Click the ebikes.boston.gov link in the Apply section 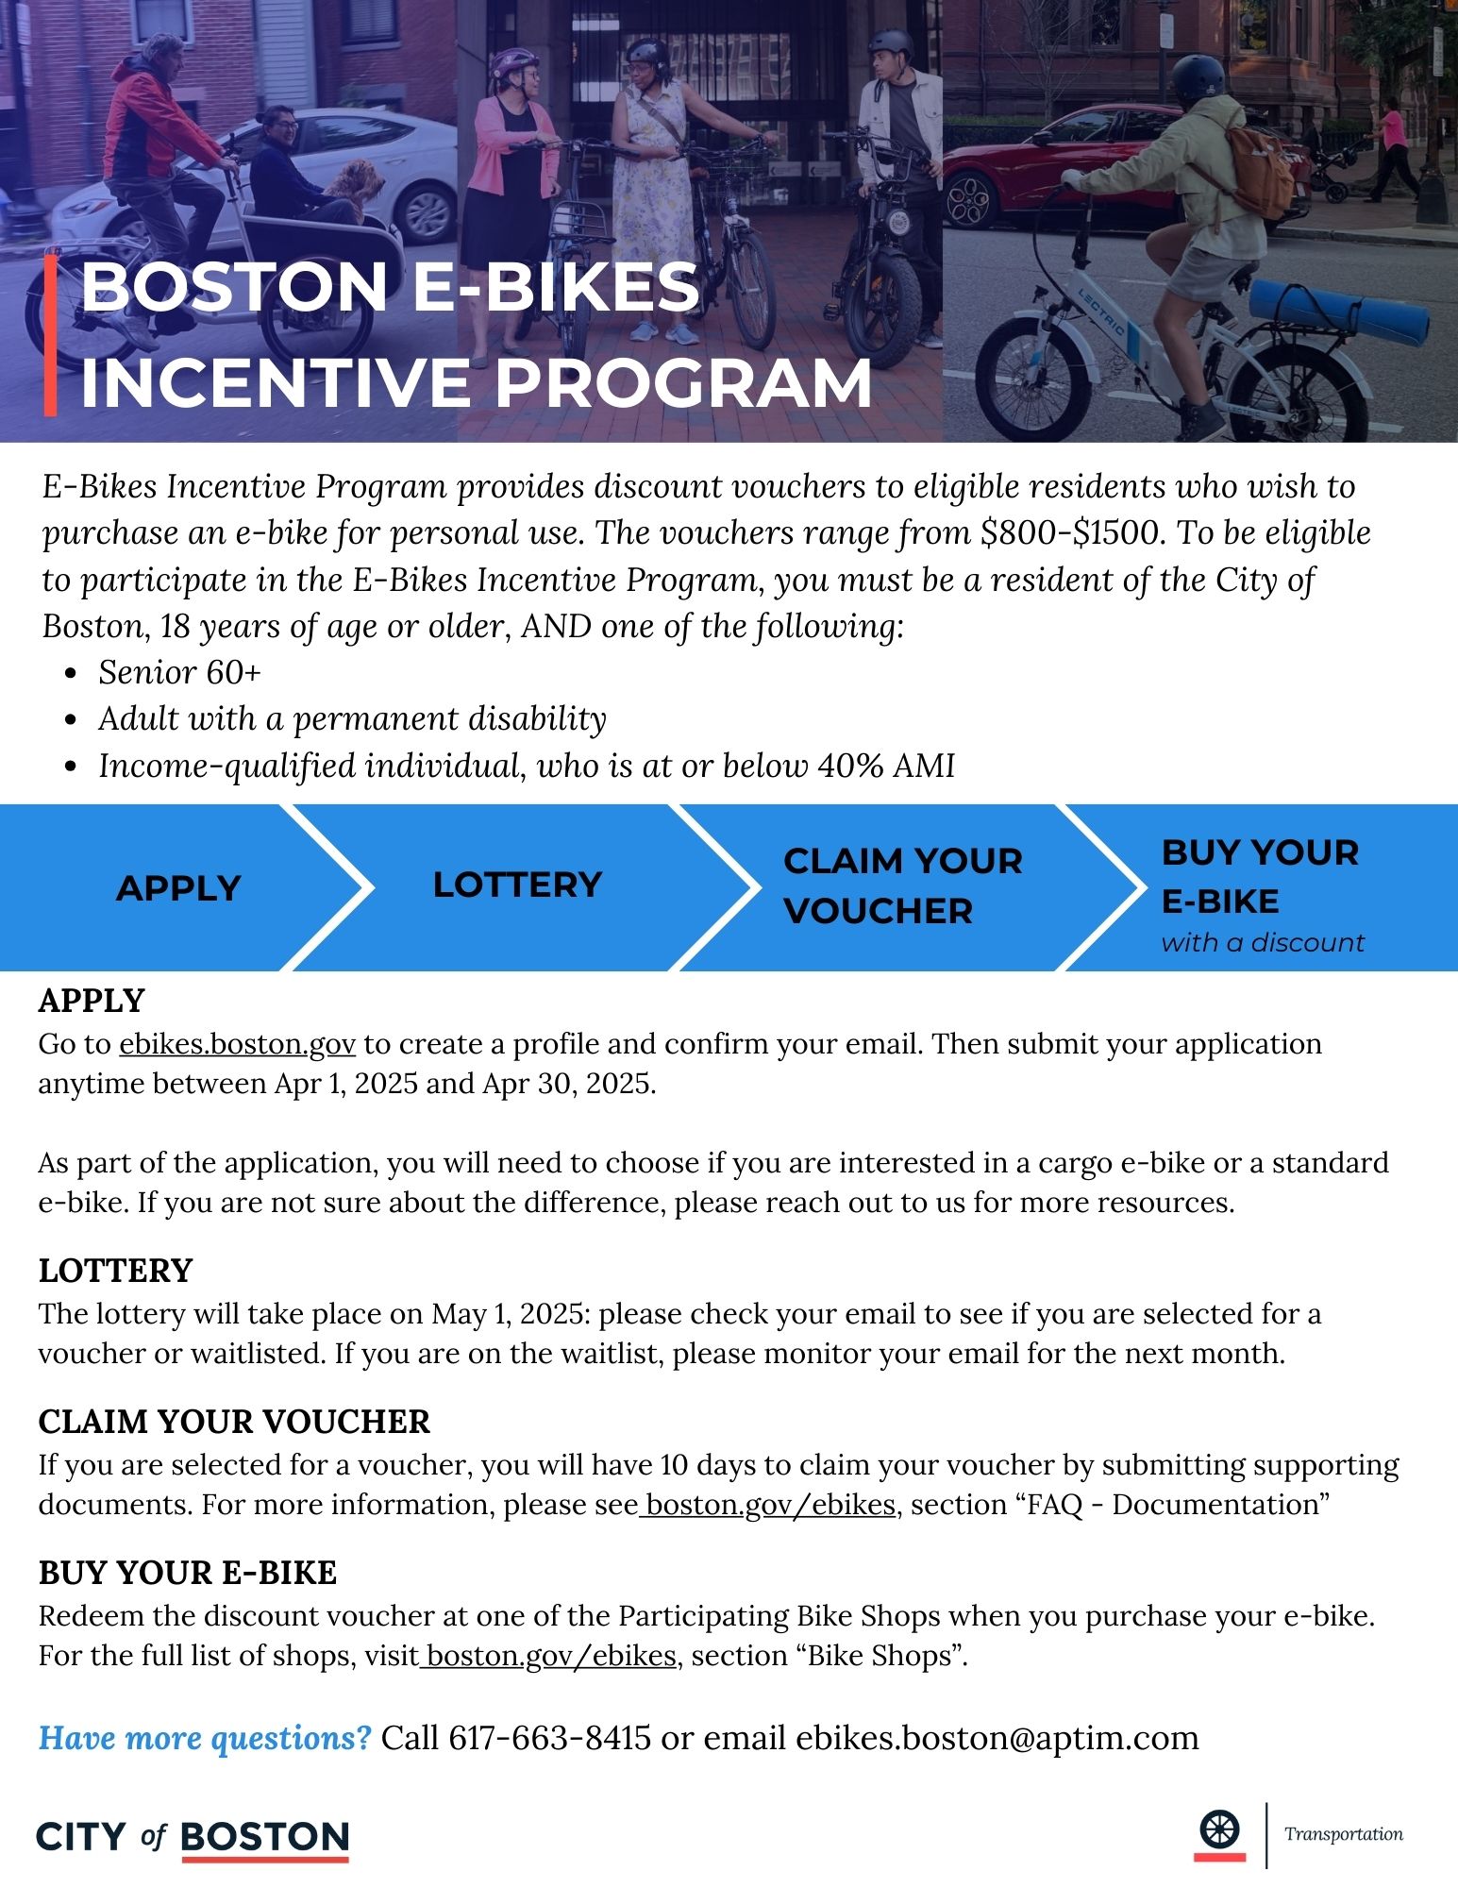point(237,1044)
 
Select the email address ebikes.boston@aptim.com point(997,1738)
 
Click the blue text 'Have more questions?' point(206,1738)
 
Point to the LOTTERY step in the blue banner point(517,885)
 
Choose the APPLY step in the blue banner point(178,888)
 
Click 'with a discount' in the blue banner point(1263,942)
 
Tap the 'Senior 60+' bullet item point(179,672)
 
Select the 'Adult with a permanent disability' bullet point(352,718)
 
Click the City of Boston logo point(193,1837)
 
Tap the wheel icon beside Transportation point(1219,1832)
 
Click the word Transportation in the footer point(1343,1834)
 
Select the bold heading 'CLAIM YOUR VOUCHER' point(234,1422)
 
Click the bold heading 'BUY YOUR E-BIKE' point(187,1573)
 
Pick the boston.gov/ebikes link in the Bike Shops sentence point(550,1656)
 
